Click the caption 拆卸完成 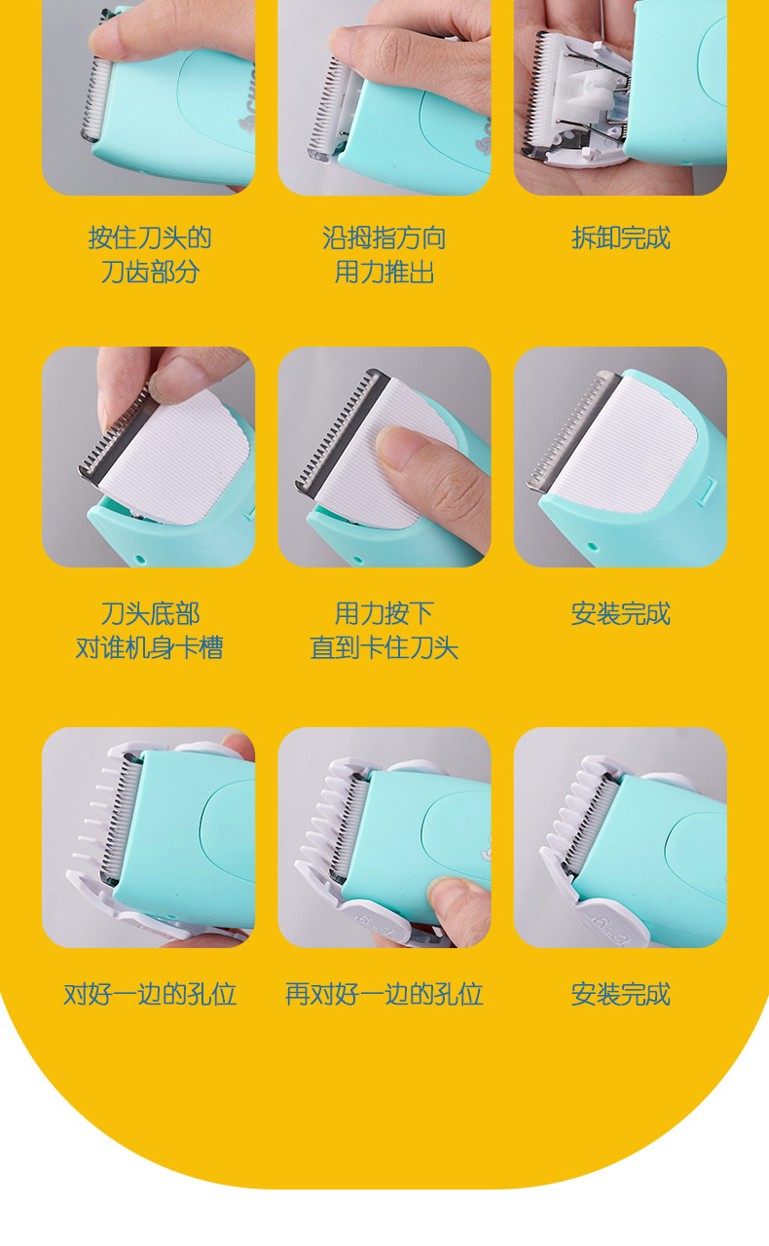[620, 238]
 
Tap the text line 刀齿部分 [149, 273]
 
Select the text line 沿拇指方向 [384, 238]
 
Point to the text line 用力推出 [384, 273]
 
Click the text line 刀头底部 [149, 614]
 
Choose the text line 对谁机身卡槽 [149, 648]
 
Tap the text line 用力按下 [384, 614]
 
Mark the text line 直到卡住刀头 [384, 648]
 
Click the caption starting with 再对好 [384, 994]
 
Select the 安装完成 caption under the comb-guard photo [620, 994]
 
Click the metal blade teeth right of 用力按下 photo [569, 428]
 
